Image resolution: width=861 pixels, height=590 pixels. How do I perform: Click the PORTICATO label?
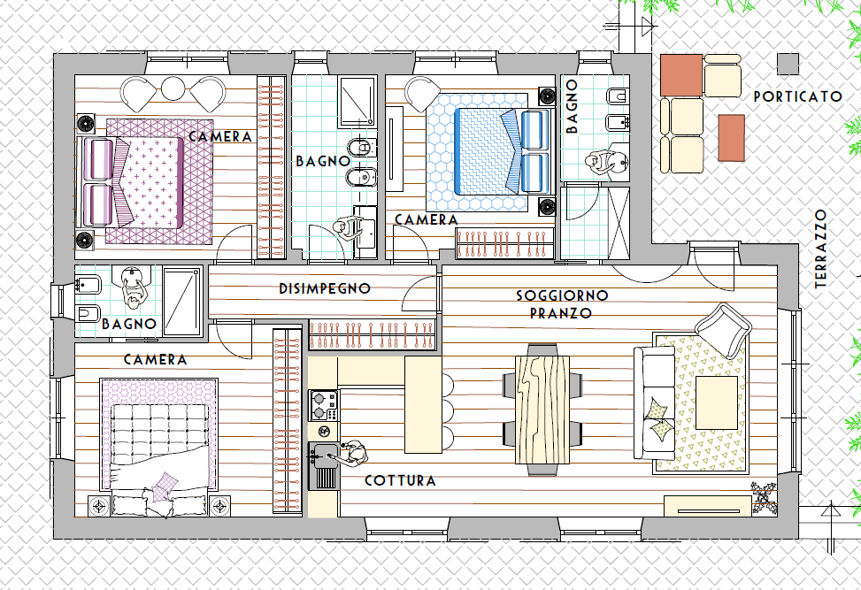point(798,96)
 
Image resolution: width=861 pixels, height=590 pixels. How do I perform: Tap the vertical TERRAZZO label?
point(821,249)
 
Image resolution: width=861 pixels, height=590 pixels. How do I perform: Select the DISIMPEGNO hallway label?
point(325,288)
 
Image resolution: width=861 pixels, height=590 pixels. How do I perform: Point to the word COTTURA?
point(400,480)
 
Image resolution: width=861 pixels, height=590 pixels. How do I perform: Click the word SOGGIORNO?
point(562,295)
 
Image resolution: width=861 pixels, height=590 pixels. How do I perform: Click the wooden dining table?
point(542,410)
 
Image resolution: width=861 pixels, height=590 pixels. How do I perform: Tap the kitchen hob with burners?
point(323,405)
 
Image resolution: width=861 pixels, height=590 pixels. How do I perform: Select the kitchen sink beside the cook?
point(324,465)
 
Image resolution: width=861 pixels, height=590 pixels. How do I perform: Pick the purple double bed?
point(147,181)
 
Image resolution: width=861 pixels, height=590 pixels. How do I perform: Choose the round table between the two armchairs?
point(173,88)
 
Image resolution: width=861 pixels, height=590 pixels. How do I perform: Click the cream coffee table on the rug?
point(717,402)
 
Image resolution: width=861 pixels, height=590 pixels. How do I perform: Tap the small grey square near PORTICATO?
point(788,64)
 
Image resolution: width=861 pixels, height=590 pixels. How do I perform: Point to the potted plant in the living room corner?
point(764,497)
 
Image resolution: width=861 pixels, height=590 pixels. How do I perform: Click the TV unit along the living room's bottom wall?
point(708,506)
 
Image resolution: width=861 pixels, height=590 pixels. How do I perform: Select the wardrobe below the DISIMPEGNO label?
point(372,334)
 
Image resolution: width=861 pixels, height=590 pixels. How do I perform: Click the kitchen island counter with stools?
point(423,404)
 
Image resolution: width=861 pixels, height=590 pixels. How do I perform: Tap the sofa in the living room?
point(655,402)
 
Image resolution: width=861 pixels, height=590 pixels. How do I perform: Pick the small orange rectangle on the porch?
point(732,138)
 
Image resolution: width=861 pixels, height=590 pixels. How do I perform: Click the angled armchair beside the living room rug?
point(723,331)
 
